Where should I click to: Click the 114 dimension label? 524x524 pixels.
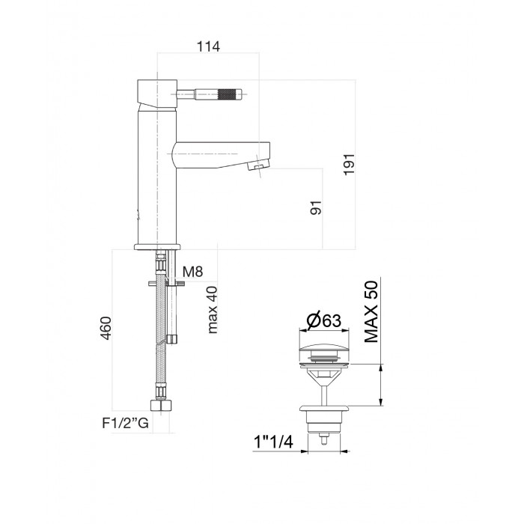click(208, 46)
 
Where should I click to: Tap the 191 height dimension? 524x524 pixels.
click(350, 165)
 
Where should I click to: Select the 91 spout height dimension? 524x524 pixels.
click(316, 208)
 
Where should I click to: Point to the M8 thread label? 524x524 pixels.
click(193, 272)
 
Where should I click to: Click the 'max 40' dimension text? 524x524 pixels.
click(213, 310)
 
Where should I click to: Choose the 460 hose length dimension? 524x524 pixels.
click(106, 328)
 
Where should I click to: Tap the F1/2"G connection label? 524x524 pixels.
click(125, 424)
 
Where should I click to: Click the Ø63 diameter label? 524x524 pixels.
click(324, 320)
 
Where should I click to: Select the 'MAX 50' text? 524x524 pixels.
click(371, 312)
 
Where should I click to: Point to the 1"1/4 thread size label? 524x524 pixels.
click(274, 442)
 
